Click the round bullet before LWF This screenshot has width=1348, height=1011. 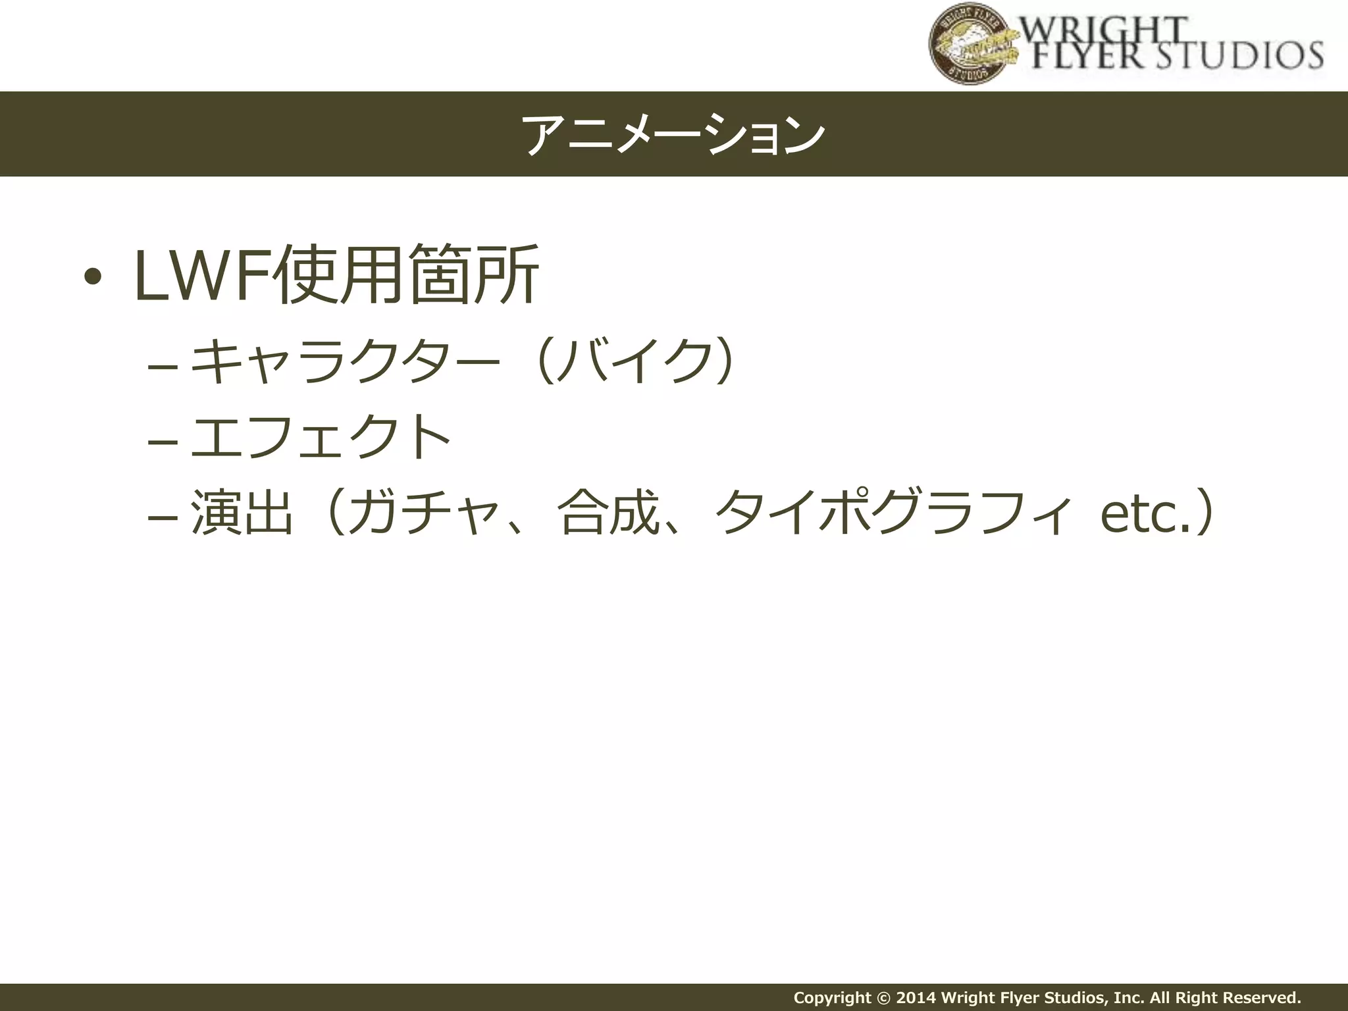93,276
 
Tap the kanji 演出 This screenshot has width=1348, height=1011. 242,511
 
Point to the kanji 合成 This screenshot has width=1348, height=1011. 609,511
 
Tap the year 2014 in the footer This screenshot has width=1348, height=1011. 916,997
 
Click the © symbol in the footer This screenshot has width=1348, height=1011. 883,997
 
